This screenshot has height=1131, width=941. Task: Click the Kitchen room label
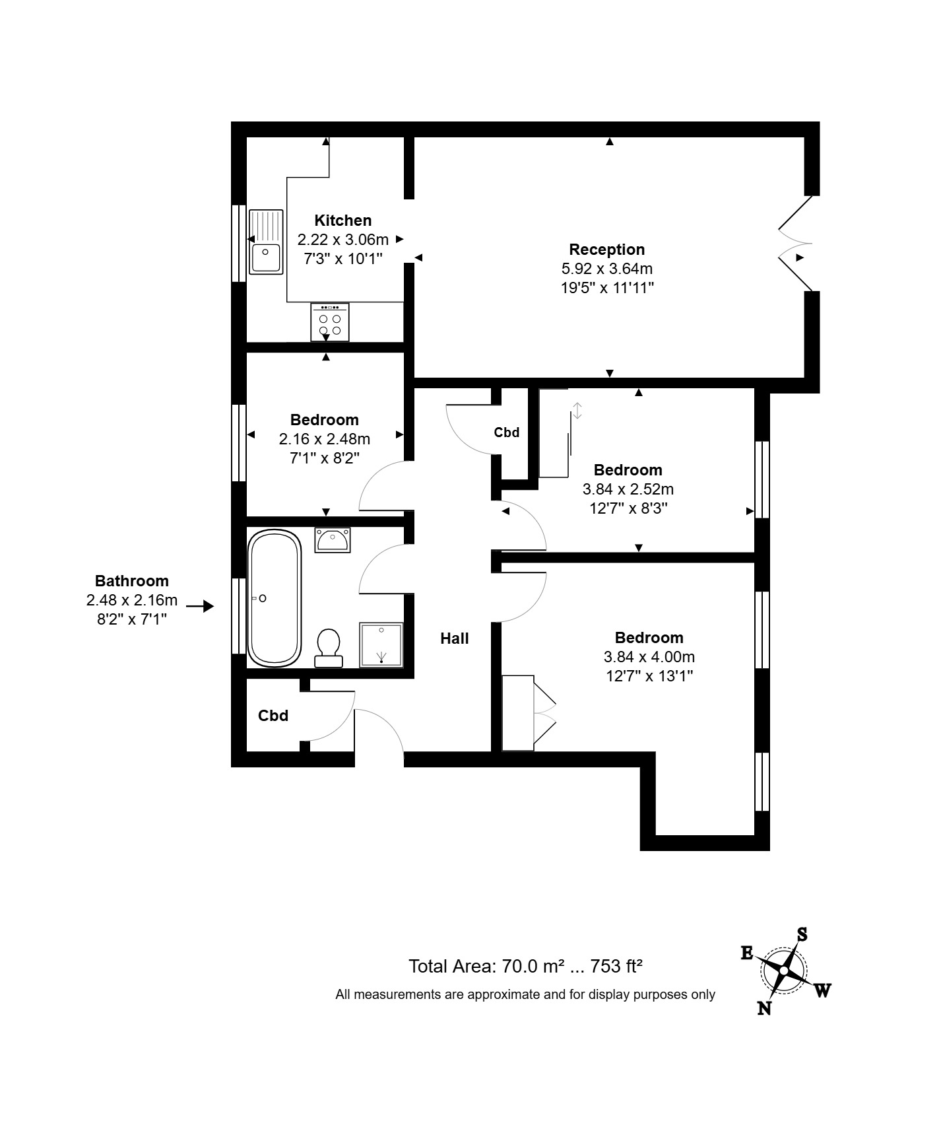(342, 221)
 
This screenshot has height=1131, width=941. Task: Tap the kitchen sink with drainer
(266, 242)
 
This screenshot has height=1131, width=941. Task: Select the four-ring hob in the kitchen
(330, 322)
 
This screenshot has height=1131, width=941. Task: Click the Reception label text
(606, 250)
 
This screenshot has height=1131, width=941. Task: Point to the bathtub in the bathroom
(274, 598)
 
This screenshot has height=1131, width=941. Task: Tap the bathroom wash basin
(333, 540)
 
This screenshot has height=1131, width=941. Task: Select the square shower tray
(381, 644)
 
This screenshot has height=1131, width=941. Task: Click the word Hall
(455, 638)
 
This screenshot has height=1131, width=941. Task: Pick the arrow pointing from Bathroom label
(200, 605)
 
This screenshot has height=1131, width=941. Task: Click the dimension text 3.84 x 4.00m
(649, 657)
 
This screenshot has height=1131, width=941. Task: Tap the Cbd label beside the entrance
(273, 716)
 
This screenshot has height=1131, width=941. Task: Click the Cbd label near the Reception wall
(507, 432)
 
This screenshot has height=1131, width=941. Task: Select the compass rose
(784, 971)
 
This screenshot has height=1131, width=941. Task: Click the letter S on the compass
(802, 934)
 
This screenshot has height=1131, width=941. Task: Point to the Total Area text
(525, 967)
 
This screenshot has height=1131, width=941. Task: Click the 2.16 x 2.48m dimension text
(324, 439)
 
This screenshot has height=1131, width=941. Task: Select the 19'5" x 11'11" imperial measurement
(606, 288)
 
